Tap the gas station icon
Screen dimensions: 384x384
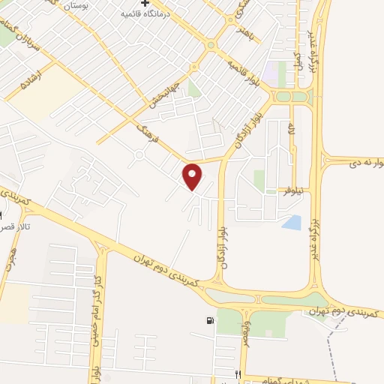208,321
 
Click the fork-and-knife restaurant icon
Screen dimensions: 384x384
238,374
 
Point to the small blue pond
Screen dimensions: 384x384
291,222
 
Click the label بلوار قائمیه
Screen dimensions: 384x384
245,70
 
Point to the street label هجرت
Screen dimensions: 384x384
11,257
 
